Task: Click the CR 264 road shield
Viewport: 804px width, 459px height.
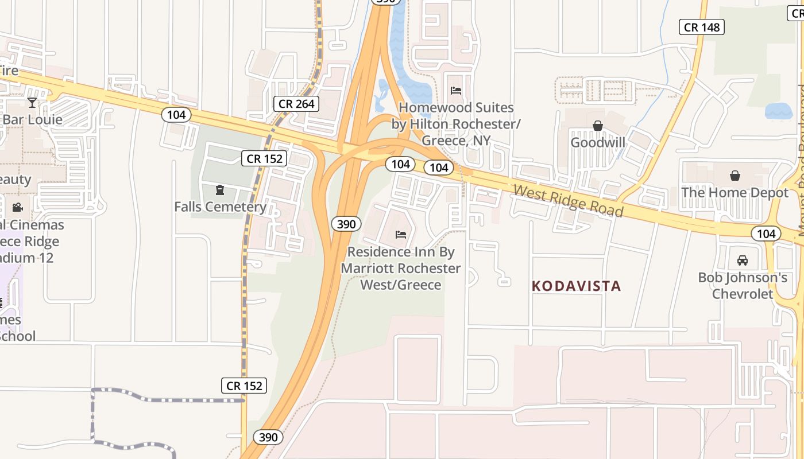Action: tap(296, 104)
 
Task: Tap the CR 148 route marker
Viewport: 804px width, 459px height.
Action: tap(701, 27)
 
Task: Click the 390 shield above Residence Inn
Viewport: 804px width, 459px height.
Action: tap(346, 224)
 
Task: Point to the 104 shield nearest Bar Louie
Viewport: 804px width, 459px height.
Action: tap(176, 115)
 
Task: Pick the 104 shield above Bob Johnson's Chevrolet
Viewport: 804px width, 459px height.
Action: tap(766, 234)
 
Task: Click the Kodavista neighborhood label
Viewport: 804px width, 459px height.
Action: tap(576, 286)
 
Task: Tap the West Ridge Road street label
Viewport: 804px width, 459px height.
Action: tap(568, 200)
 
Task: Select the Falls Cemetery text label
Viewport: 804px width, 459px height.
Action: tap(220, 207)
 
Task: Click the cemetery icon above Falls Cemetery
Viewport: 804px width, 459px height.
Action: tap(219, 189)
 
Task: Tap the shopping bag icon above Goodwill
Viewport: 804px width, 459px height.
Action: tap(597, 126)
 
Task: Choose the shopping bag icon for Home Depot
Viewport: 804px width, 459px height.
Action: tap(735, 176)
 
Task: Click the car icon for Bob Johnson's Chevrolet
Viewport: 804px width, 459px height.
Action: tap(742, 260)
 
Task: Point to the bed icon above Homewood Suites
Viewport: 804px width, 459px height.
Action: tap(456, 91)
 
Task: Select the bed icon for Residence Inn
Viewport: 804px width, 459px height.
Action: tap(401, 234)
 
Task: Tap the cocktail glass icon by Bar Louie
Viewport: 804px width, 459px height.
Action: tap(32, 103)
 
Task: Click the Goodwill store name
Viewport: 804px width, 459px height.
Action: tap(597, 142)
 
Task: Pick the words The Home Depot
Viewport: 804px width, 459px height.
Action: tap(735, 192)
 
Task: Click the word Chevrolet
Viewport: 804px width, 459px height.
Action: tap(743, 294)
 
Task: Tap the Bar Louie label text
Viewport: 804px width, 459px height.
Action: tap(32, 120)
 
